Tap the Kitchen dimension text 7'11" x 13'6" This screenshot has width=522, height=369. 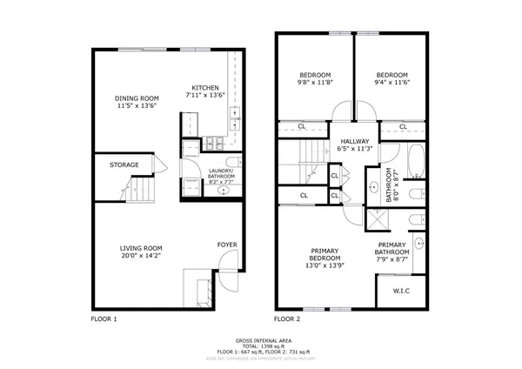[207, 96]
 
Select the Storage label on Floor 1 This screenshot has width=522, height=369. [124, 164]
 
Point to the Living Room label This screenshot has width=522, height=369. [141, 248]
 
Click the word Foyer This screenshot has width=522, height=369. [226, 245]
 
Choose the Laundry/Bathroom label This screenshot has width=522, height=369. [220, 174]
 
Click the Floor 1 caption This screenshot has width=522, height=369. [104, 319]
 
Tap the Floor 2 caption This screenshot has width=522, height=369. [288, 319]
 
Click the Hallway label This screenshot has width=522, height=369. [354, 141]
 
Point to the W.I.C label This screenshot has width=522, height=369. [401, 292]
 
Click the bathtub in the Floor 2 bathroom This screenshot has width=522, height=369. [415, 160]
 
